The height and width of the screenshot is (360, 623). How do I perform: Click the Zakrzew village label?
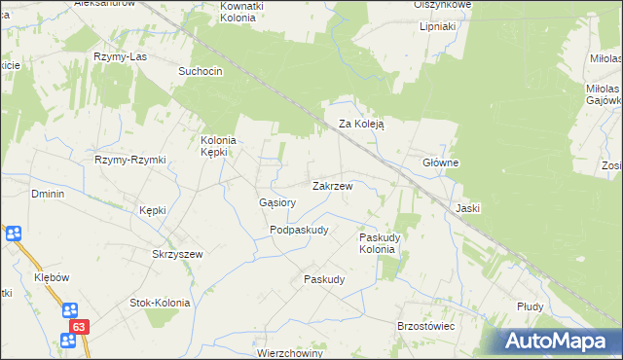(x=338, y=185)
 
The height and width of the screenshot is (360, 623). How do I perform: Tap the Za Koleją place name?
(x=362, y=125)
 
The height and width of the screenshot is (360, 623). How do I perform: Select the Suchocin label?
(x=202, y=71)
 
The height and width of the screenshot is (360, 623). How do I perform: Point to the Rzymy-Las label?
(x=119, y=57)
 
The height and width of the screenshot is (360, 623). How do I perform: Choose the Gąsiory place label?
(x=276, y=202)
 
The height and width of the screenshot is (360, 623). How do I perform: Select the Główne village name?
(x=440, y=162)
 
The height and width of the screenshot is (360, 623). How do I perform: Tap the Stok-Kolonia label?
(x=160, y=303)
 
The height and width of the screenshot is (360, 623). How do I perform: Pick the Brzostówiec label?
(x=425, y=326)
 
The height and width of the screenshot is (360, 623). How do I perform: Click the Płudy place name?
(x=530, y=306)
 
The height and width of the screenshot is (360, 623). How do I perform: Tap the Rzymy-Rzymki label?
(x=130, y=160)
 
